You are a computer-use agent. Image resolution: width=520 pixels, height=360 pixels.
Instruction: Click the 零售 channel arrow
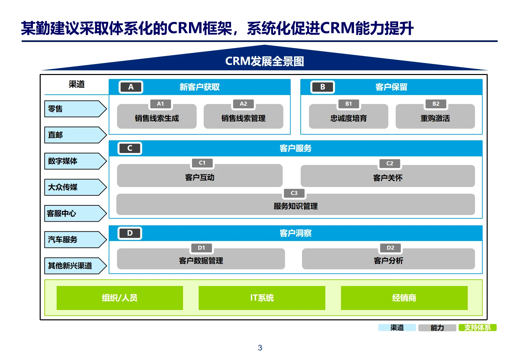75,109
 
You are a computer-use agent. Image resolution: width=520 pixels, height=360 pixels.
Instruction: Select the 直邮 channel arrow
75,135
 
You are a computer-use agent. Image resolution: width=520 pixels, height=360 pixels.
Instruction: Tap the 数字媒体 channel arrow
75,161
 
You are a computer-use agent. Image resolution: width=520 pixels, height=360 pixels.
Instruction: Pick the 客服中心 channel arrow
75,213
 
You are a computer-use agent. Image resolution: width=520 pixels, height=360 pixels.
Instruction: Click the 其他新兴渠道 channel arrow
75,266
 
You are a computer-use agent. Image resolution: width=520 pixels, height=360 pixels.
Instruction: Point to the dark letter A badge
131,87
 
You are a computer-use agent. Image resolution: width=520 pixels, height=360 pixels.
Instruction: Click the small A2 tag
243,104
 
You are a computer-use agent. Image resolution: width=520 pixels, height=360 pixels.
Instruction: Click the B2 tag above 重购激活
436,104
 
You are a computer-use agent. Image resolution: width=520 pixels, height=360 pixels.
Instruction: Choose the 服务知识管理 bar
295,205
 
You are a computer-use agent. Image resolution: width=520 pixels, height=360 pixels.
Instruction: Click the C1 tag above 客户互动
202,163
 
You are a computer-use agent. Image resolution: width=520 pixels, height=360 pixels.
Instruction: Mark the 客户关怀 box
388,177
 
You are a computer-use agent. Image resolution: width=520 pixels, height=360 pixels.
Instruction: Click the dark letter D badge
130,233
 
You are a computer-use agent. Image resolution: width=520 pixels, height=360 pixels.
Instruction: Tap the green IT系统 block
262,298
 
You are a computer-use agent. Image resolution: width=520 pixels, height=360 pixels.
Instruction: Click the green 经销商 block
404,298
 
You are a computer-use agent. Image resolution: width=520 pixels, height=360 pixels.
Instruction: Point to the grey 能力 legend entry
437,328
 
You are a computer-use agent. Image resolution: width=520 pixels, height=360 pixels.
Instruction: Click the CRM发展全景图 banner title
264,61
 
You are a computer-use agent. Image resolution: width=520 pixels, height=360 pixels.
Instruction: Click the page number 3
260,348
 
